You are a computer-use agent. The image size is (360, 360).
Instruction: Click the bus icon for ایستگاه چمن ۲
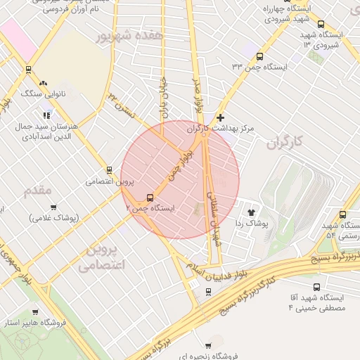click(x=150, y=198)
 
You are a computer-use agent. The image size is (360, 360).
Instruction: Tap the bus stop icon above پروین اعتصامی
click(x=108, y=169)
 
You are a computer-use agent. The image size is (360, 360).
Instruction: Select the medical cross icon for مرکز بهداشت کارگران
click(x=221, y=117)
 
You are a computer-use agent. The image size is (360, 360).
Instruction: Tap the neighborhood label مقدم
click(x=38, y=191)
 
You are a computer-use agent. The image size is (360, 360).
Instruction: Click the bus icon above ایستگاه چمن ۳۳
click(x=259, y=56)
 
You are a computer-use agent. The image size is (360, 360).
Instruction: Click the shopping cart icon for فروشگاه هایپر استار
click(x=35, y=311)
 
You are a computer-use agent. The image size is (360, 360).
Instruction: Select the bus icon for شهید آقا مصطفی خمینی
click(x=317, y=287)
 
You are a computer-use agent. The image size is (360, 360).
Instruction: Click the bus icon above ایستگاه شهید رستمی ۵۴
click(x=343, y=214)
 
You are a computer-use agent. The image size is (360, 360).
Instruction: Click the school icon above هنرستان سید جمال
click(x=46, y=115)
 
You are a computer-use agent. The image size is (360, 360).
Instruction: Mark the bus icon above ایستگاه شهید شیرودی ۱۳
click(x=321, y=24)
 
